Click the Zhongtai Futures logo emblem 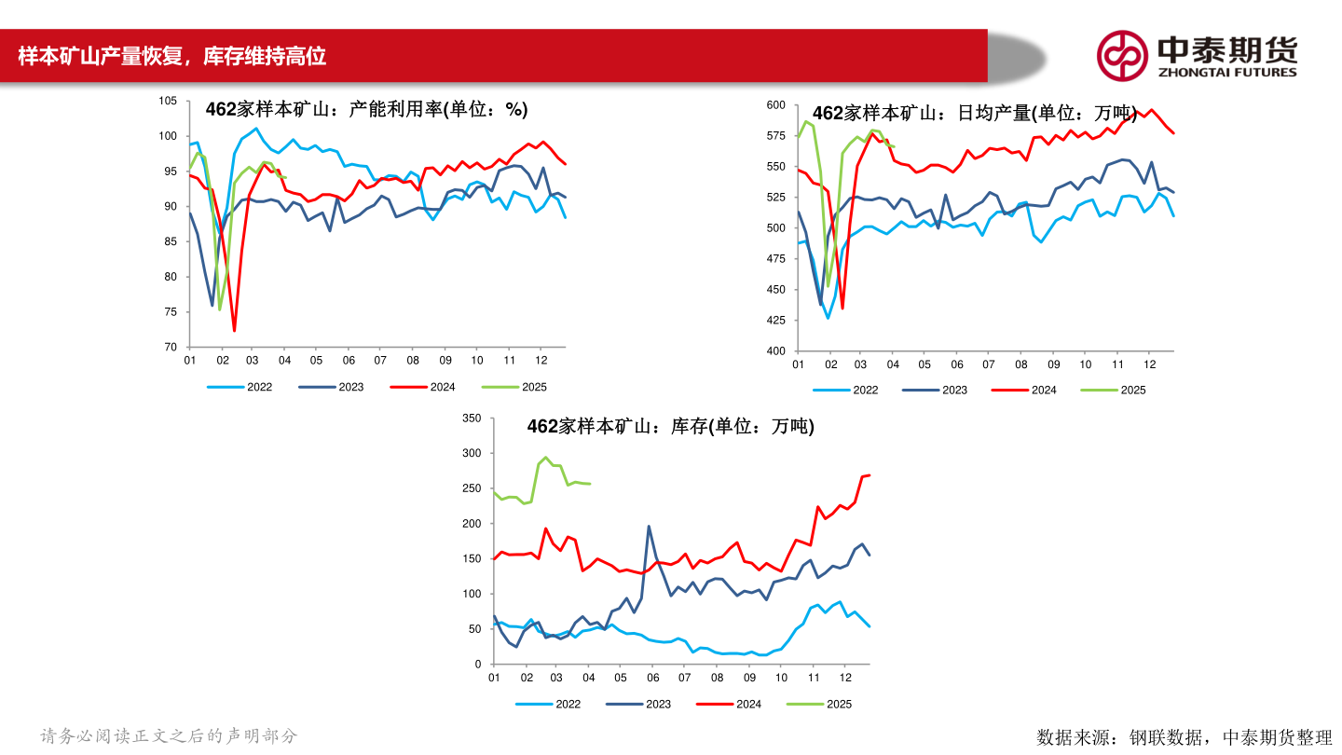(1121, 55)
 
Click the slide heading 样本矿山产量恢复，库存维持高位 (172, 57)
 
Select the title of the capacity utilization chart (366, 110)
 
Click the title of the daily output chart (975, 114)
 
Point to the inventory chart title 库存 (670, 427)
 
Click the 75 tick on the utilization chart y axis (171, 312)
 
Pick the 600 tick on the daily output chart (775, 105)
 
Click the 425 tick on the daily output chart (775, 321)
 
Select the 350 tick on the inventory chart (472, 419)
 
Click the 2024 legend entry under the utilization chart (443, 387)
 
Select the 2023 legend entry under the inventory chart (658, 705)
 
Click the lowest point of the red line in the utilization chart (234, 331)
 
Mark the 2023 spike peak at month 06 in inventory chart (649, 527)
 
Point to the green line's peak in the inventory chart (545, 458)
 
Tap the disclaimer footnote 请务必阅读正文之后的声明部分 (169, 736)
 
